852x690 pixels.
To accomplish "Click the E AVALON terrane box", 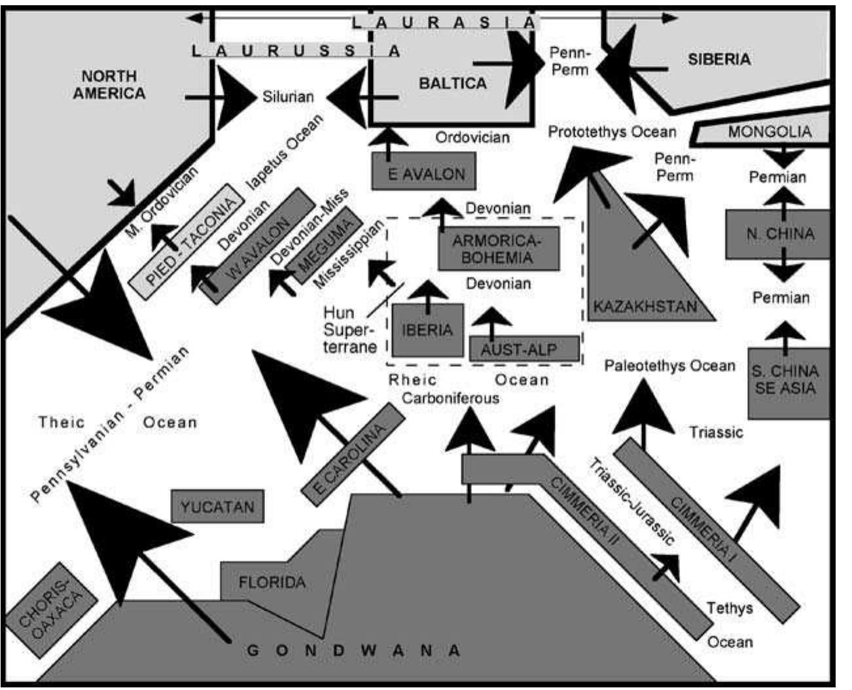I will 423,171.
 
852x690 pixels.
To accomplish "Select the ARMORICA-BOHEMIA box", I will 499,249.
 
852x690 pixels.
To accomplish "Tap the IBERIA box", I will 427,330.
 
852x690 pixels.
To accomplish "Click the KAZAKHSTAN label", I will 645,305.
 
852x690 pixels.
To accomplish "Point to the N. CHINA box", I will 781,234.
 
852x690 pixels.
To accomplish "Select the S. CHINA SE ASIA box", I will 785,381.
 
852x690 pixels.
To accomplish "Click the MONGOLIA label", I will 769,132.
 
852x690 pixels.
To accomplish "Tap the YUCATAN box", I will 217,506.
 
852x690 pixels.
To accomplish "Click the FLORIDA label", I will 272,581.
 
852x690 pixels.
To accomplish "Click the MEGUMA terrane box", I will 325,246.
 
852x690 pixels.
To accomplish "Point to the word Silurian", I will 288,97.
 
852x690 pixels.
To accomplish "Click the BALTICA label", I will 453,84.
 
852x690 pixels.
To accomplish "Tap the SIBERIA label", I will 719,60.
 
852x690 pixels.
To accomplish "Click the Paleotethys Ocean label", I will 669,366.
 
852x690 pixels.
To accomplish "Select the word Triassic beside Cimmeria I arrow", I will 716,432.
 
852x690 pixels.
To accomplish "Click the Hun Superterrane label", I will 349,329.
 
